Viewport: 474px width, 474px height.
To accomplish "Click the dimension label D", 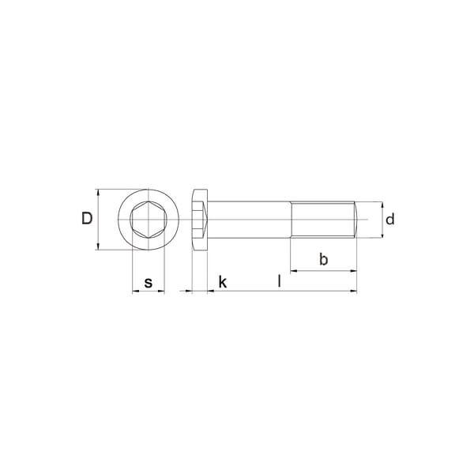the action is click(87, 218).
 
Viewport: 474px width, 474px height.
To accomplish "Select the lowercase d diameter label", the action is click(390, 219).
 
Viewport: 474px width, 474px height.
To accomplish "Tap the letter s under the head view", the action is click(149, 284).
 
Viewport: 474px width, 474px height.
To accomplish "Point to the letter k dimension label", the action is click(223, 282).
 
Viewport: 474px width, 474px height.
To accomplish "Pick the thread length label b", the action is click(323, 259).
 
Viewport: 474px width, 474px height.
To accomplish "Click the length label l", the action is click(280, 281).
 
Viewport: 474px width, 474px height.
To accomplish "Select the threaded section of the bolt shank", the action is click(322, 220).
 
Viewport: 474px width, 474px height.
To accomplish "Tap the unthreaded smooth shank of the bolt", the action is click(249, 220).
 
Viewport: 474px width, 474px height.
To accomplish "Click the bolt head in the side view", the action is click(200, 220).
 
